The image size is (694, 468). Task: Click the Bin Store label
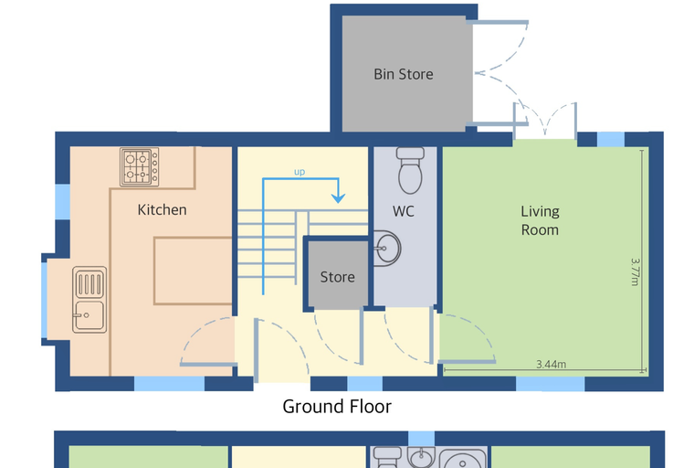pos(404,74)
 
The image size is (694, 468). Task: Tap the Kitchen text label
pos(162,209)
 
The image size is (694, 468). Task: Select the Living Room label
pos(540,220)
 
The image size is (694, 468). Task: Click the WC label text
pos(404,211)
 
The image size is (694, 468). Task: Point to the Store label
pos(337,277)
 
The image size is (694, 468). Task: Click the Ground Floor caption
pos(337,407)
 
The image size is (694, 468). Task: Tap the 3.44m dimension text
pos(551,365)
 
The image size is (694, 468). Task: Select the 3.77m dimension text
pos(636,272)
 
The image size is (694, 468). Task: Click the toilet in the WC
pos(410,171)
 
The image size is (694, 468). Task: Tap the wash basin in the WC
pos(387,249)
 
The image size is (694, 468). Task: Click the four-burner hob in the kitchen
pos(140,167)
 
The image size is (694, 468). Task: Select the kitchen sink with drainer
pos(89,300)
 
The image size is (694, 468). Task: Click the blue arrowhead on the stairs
pos(338,197)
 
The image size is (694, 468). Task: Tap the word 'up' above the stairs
pos(300,172)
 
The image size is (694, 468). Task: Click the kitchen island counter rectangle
pos(193,271)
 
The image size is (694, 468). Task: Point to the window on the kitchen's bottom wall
pos(169,384)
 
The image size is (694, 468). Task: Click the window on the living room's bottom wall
pos(550,384)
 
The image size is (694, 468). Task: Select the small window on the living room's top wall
pos(611,139)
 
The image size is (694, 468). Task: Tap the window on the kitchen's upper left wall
pos(62,202)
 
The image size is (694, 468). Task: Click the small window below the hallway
pos(364,384)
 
